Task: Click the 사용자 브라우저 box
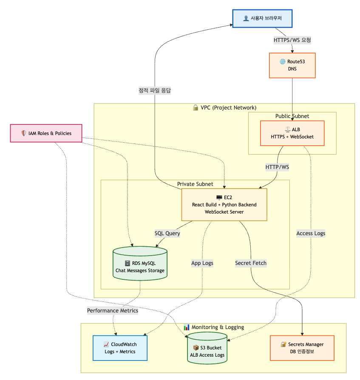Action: click(x=262, y=18)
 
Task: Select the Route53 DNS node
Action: click(x=292, y=65)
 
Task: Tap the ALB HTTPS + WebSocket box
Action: click(x=292, y=133)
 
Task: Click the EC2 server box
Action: click(x=224, y=205)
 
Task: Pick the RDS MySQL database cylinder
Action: click(x=140, y=264)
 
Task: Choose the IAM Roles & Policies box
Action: click(x=46, y=133)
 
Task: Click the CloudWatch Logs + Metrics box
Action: click(x=120, y=348)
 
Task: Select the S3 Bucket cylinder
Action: click(x=207, y=349)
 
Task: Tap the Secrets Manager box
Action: click(x=302, y=348)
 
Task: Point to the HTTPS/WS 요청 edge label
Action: click(x=292, y=40)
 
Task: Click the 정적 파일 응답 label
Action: click(x=155, y=90)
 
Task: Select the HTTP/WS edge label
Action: click(x=277, y=167)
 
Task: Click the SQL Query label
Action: click(x=167, y=233)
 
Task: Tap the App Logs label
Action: click(x=202, y=263)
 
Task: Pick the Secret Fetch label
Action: click(x=251, y=263)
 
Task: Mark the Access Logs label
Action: click(x=311, y=233)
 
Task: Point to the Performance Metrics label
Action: click(x=113, y=310)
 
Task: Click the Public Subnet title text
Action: click(x=292, y=116)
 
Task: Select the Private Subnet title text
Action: click(x=195, y=184)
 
